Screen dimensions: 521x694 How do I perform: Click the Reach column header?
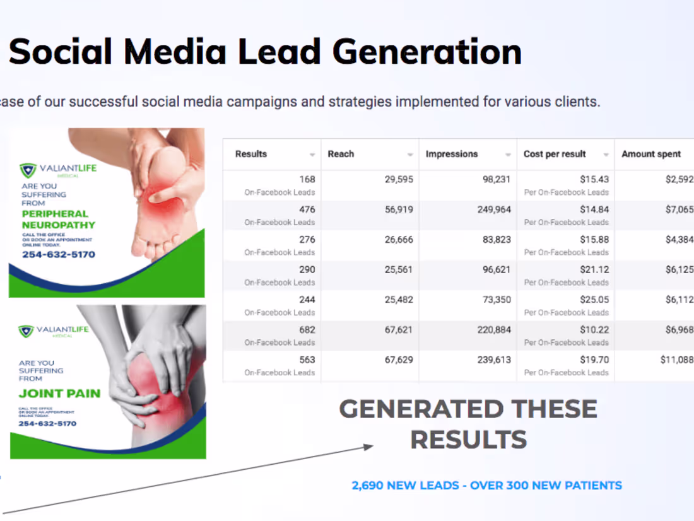click(341, 154)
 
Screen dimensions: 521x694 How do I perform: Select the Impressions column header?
click(451, 154)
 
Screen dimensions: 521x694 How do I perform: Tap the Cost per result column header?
click(555, 154)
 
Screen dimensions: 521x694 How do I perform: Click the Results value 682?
click(307, 330)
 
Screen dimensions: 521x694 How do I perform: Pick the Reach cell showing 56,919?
click(399, 209)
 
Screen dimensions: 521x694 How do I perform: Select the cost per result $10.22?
click(594, 330)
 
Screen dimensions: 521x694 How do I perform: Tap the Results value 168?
click(307, 180)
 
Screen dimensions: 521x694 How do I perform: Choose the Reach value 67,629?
click(399, 360)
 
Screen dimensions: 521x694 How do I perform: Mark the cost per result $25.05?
click(594, 300)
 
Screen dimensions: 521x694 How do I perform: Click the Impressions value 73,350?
click(497, 300)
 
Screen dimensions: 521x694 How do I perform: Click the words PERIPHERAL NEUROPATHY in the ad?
click(59, 220)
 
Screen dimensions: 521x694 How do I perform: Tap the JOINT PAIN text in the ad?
click(59, 394)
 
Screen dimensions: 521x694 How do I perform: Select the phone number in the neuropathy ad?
click(58, 255)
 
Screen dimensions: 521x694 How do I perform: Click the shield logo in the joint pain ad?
click(26, 331)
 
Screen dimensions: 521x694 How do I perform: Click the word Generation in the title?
click(427, 52)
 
